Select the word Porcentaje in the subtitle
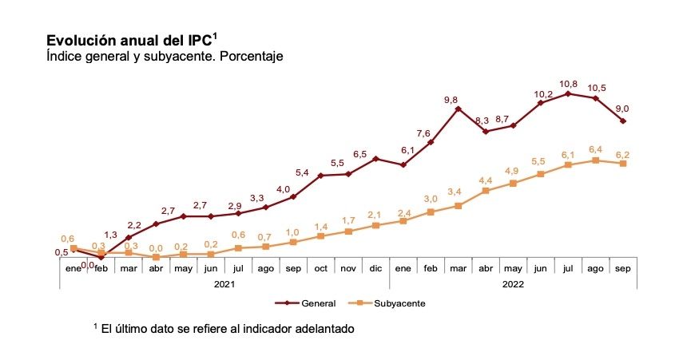pyautogui.click(x=248, y=57)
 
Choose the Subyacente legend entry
pyautogui.click(x=389, y=303)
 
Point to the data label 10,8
pyautogui.click(x=568, y=83)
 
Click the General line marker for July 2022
pyautogui.click(x=568, y=93)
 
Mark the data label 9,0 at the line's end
pyautogui.click(x=622, y=109)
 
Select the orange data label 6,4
pyautogui.click(x=594, y=148)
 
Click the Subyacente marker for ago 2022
pyautogui.click(x=595, y=160)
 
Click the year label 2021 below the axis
pyautogui.click(x=224, y=283)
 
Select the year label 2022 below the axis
pyautogui.click(x=513, y=283)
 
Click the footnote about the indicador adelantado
pyautogui.click(x=224, y=328)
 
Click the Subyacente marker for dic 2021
pyautogui.click(x=375, y=226)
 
